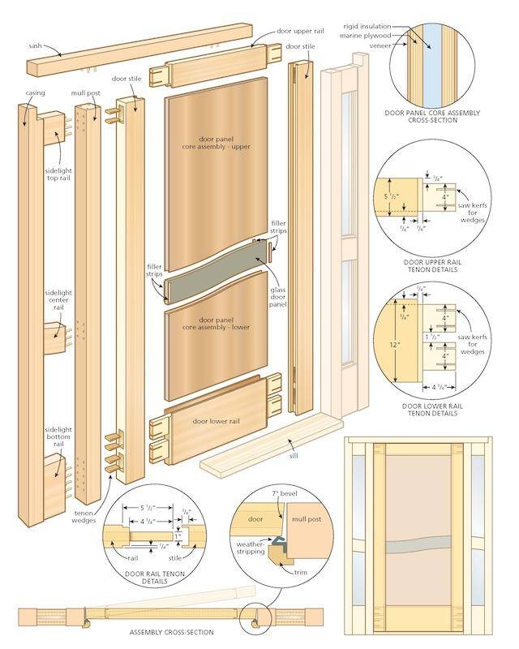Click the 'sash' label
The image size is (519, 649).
(35, 45)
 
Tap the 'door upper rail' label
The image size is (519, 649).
(301, 31)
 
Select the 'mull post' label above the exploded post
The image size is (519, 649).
(86, 93)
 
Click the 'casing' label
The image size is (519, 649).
(35, 92)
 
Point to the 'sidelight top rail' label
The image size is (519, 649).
(58, 174)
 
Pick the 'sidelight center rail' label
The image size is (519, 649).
(58, 300)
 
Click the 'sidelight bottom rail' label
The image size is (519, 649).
(58, 436)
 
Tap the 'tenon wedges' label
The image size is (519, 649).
(84, 517)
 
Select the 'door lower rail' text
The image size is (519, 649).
(216, 421)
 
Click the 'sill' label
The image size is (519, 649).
(294, 456)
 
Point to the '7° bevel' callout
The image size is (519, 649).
(285, 493)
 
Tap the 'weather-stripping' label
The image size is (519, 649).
(251, 548)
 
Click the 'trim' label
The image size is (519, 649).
(301, 573)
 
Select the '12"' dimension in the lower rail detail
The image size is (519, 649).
(394, 345)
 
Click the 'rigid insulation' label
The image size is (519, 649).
(367, 27)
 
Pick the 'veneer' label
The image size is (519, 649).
(380, 46)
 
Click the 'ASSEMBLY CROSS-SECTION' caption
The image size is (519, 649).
(171, 633)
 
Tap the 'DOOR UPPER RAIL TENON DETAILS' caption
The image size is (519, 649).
(432, 266)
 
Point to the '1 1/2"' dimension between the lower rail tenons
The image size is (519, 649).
(431, 337)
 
